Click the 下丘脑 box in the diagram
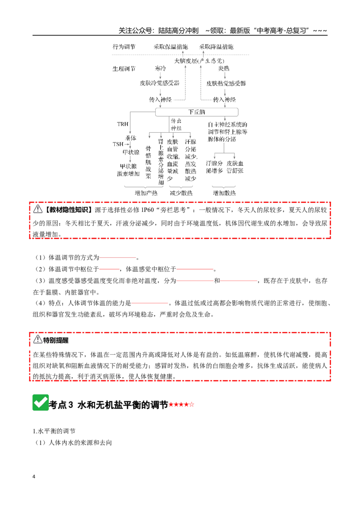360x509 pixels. [197, 112]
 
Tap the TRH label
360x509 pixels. [122, 124]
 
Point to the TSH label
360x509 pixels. [118, 144]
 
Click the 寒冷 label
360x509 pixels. [161, 68]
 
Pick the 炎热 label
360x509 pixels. [224, 68]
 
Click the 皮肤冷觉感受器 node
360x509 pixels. [160, 83]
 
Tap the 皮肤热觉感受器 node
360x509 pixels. [226, 84]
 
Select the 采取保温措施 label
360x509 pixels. [171, 47]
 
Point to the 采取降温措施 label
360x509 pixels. [216, 47]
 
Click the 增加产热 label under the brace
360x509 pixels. [146, 193]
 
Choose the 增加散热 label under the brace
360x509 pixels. [224, 193]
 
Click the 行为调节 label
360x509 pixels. [124, 47]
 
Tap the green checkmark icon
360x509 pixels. [40, 402]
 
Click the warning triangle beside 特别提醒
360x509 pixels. [38, 339]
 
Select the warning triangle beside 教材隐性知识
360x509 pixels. [38, 209]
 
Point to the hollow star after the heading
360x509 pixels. [191, 405]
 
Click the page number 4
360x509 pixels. [34, 477]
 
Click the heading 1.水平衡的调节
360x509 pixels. [54, 431]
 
